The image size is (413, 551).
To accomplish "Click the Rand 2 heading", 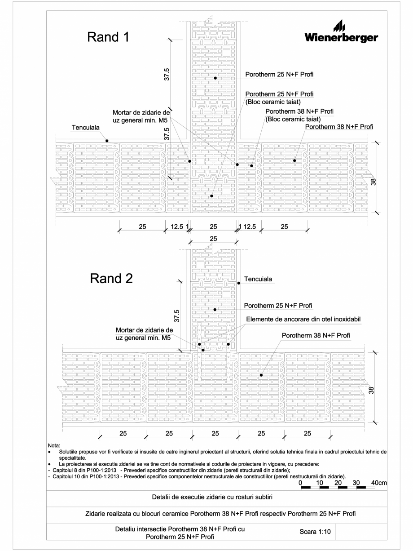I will click(x=112, y=279).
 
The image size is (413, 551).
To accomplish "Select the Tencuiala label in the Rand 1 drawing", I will click(x=86, y=128).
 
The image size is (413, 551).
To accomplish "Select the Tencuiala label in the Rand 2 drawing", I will click(x=258, y=279).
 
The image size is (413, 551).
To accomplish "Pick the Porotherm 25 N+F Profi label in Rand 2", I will click(x=278, y=306).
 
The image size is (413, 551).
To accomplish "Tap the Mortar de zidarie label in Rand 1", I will click(x=141, y=116).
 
